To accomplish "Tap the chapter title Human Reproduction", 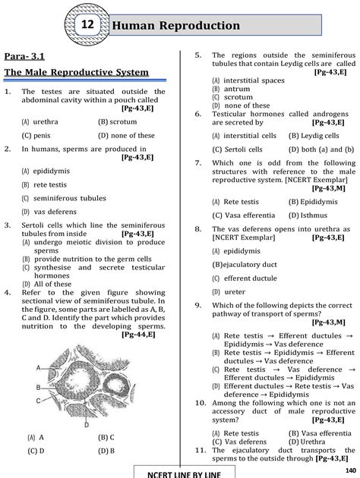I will tap(176, 27).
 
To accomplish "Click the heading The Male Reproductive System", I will tap(76, 74).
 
